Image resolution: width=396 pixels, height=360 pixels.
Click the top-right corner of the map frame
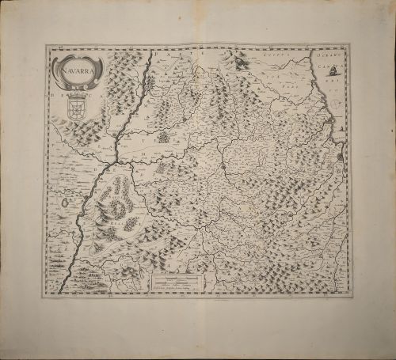[x=350, y=45]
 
